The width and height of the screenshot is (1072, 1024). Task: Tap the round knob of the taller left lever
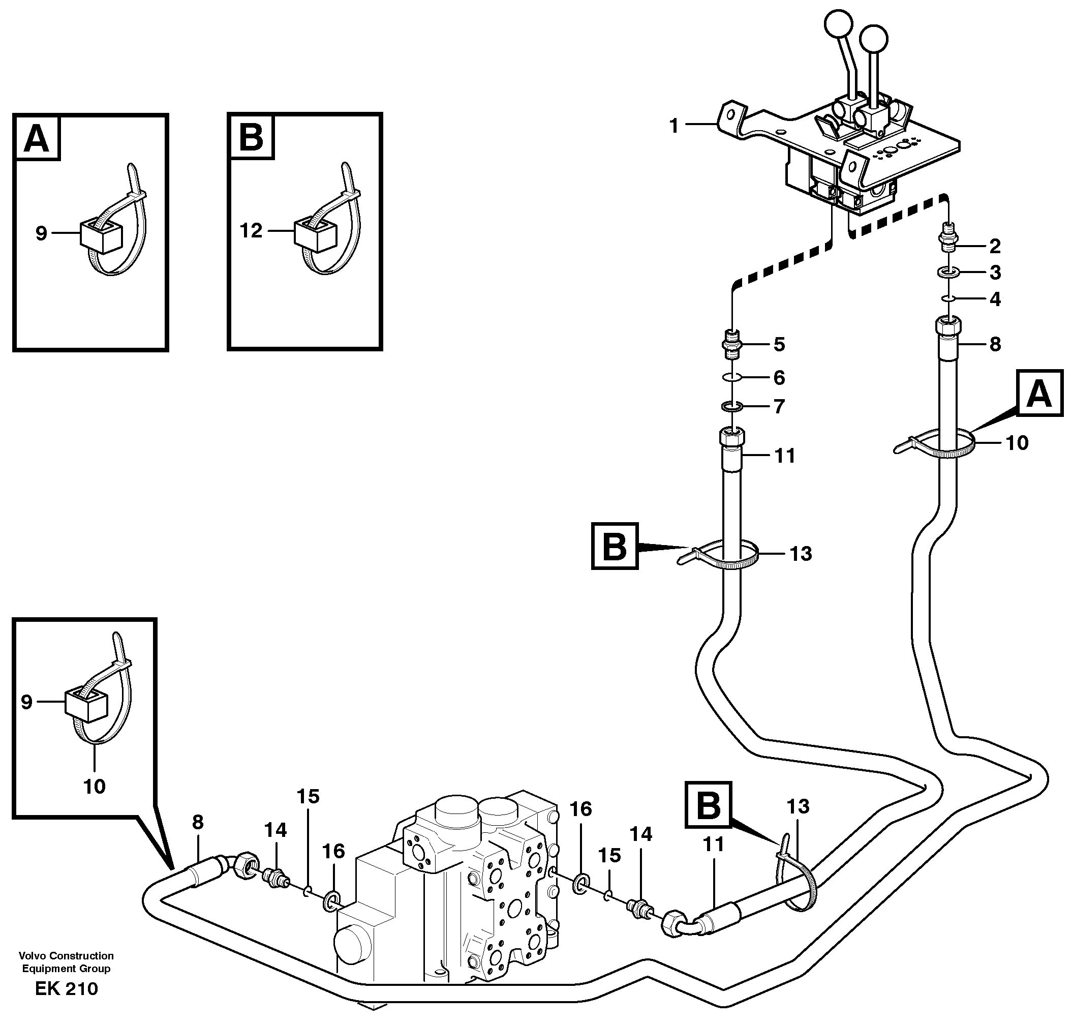pyautogui.click(x=838, y=24)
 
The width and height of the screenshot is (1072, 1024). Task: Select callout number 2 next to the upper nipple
pyautogui.click(x=995, y=246)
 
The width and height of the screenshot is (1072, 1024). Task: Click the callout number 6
pyautogui.click(x=779, y=377)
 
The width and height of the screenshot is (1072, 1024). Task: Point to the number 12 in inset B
pyautogui.click(x=251, y=230)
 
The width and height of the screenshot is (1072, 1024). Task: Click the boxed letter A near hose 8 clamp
pyautogui.click(x=1039, y=393)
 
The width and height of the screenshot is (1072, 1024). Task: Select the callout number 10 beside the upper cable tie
pyautogui.click(x=1017, y=443)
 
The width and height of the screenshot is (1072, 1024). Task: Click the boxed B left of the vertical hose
pyautogui.click(x=615, y=547)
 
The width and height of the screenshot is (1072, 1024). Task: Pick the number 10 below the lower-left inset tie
pyautogui.click(x=94, y=786)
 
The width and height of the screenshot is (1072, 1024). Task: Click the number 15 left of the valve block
pyautogui.click(x=308, y=796)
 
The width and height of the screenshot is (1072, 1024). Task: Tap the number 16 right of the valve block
pyautogui.click(x=580, y=808)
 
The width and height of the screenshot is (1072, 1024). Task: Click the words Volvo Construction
pyautogui.click(x=66, y=955)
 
